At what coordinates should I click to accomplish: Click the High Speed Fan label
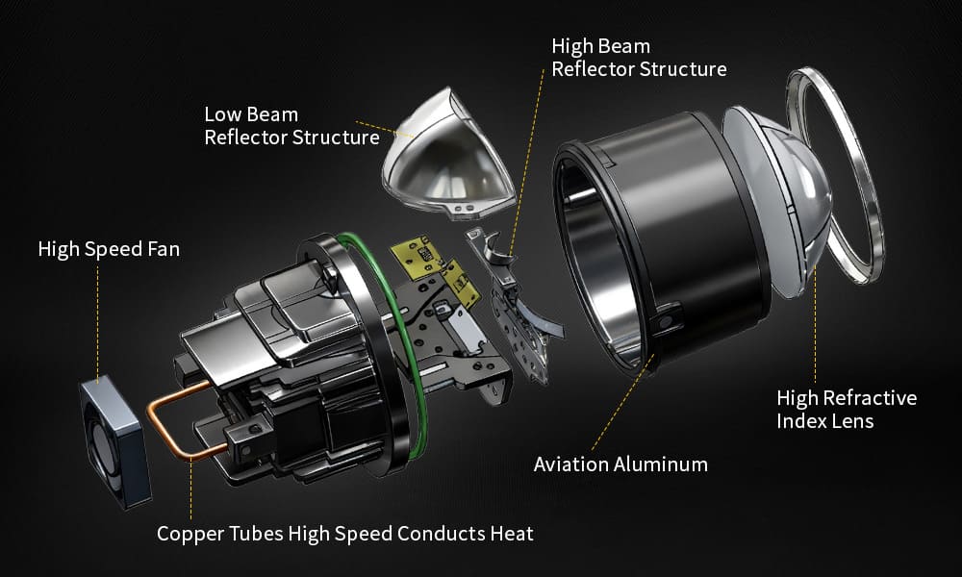pos(109,249)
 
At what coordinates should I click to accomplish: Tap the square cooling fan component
pos(115,442)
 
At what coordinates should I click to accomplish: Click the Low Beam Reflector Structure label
pos(291,126)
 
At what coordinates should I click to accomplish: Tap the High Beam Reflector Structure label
pos(639,57)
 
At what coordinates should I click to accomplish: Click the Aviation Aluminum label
pos(620,464)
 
